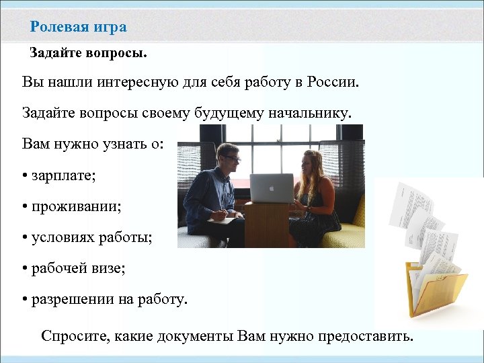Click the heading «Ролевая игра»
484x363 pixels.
pos(78,27)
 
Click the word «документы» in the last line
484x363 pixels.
pos(195,335)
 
